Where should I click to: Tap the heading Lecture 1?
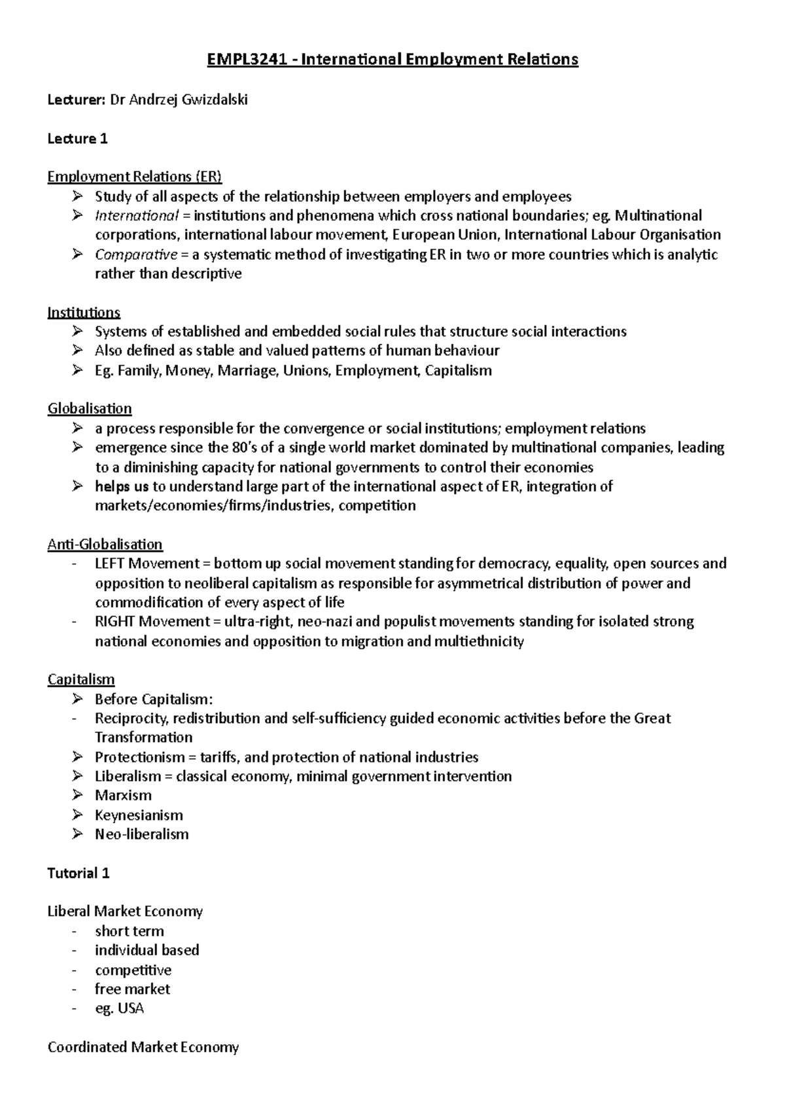(x=77, y=139)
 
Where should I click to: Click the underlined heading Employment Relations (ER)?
(x=135, y=177)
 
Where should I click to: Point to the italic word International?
(x=136, y=216)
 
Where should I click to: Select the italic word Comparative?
(x=135, y=255)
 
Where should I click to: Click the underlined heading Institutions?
(x=84, y=312)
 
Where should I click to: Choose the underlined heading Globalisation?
(x=90, y=409)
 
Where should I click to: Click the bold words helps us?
(x=122, y=486)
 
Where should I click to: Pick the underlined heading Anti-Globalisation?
(x=105, y=544)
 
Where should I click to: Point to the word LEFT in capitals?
(x=110, y=563)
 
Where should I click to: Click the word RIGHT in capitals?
(x=114, y=622)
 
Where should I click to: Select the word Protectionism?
(x=139, y=757)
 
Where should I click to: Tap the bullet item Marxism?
(x=123, y=796)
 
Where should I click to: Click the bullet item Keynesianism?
(x=139, y=815)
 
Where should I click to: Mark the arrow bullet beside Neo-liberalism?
(x=78, y=834)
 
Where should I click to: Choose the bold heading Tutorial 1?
(x=78, y=873)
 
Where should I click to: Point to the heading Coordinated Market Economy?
(x=143, y=1048)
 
